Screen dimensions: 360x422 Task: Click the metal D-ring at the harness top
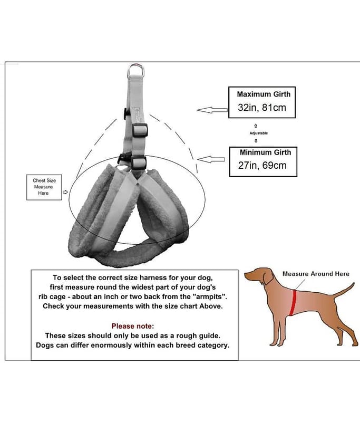(x=136, y=66)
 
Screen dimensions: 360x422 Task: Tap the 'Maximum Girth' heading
(x=264, y=94)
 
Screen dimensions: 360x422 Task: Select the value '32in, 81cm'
(x=262, y=108)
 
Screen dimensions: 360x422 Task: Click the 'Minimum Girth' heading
(x=265, y=152)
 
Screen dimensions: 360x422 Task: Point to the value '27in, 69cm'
(x=262, y=165)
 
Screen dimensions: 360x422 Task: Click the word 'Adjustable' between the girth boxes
(x=259, y=133)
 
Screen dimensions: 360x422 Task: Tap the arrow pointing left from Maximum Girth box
(x=212, y=110)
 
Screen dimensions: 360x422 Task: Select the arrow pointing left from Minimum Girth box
(x=211, y=159)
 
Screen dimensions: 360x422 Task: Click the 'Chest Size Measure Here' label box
(x=44, y=187)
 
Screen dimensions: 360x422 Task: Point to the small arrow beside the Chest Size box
(x=65, y=192)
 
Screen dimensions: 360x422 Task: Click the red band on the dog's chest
(x=294, y=303)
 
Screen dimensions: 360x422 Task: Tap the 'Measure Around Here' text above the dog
(x=316, y=274)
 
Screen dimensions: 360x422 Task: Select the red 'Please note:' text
(x=133, y=326)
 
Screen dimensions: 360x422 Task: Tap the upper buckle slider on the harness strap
(x=140, y=130)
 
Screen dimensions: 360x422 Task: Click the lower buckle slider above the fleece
(x=139, y=162)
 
